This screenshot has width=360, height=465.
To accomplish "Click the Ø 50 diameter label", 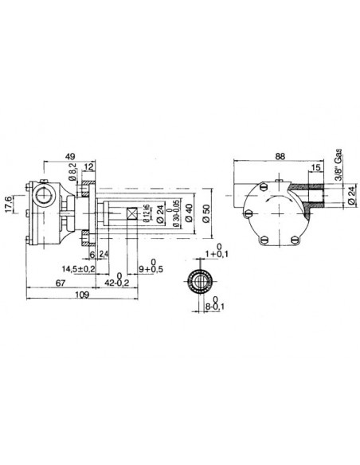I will (205, 215).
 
